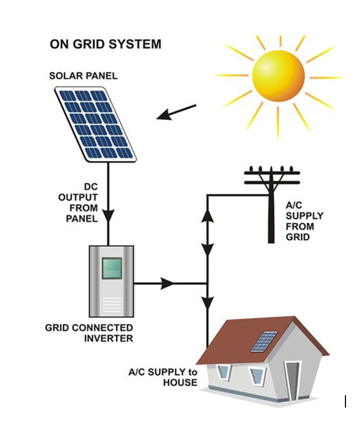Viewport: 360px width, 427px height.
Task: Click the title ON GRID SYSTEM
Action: (x=105, y=44)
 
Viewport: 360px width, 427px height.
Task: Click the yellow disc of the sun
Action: (x=279, y=75)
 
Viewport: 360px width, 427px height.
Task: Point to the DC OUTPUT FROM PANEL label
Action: (x=78, y=203)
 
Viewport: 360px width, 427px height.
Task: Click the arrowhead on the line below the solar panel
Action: (x=108, y=216)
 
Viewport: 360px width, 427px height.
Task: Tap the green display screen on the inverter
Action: (x=112, y=268)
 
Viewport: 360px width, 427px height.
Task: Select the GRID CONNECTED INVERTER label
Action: (x=89, y=333)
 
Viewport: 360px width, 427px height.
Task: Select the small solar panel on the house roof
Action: (x=264, y=341)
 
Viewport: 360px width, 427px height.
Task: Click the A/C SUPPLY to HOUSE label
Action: (x=163, y=377)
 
